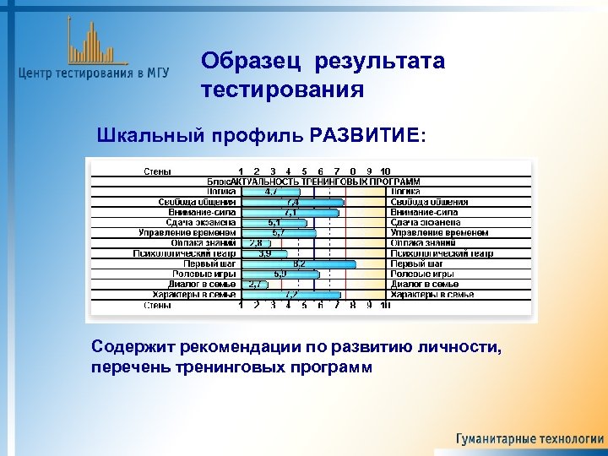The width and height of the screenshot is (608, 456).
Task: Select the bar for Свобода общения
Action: [x=292, y=202]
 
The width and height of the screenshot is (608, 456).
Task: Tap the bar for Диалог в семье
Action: [x=253, y=285]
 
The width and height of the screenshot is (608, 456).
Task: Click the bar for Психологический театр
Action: [x=263, y=253]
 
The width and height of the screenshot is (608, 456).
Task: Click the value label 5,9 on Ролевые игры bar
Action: [x=280, y=274]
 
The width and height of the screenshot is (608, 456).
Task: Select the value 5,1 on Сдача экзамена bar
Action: [x=274, y=223]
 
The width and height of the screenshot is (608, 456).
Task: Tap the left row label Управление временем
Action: [x=187, y=233]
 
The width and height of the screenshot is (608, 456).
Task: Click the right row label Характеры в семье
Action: [x=432, y=295]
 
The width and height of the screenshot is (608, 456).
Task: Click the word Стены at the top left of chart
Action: [x=157, y=171]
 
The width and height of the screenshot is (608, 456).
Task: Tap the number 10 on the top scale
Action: [x=385, y=171]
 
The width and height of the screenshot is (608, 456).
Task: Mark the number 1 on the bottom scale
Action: [x=241, y=305]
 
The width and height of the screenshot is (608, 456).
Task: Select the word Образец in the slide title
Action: [x=252, y=62]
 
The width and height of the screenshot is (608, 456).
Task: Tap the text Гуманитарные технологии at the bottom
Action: [x=530, y=439]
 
